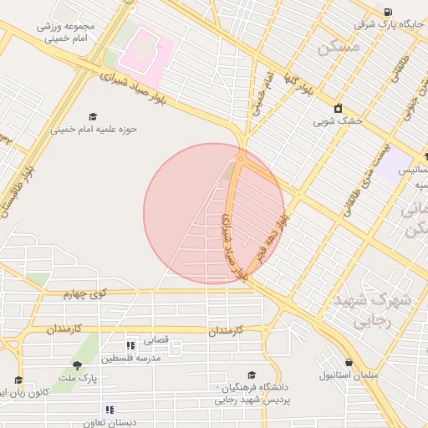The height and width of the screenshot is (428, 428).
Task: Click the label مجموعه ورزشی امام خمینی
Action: [x=68, y=32]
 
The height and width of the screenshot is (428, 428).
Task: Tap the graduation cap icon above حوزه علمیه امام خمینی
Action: [x=93, y=116]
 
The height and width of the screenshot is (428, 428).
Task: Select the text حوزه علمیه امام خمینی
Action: [x=94, y=130]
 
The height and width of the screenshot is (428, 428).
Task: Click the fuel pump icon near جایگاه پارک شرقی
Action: [x=388, y=12]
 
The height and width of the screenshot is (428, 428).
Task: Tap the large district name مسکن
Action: [x=338, y=48]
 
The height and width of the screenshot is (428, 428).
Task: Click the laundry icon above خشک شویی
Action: [x=338, y=108]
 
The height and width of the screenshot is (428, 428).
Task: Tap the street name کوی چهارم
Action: [x=87, y=294]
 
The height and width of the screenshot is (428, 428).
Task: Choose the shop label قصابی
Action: [x=157, y=340]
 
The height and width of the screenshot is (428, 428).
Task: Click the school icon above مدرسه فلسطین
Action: [x=130, y=344]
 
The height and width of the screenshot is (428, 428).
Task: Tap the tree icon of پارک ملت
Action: [x=78, y=364]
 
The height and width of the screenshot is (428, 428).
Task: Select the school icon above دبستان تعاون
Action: [x=109, y=410]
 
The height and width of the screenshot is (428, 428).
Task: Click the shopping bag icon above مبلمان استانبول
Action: [x=349, y=362]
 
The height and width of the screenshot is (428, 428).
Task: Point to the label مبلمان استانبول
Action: [x=349, y=375]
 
